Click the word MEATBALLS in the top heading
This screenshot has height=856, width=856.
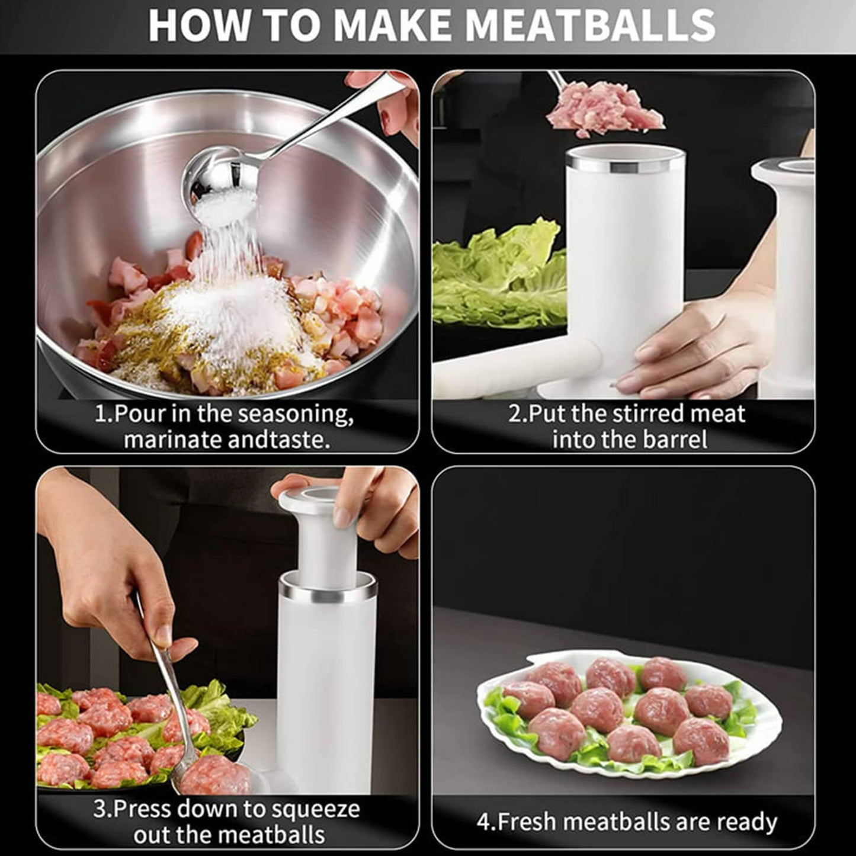click(x=589, y=25)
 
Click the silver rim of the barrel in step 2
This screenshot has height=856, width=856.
click(x=626, y=161)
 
